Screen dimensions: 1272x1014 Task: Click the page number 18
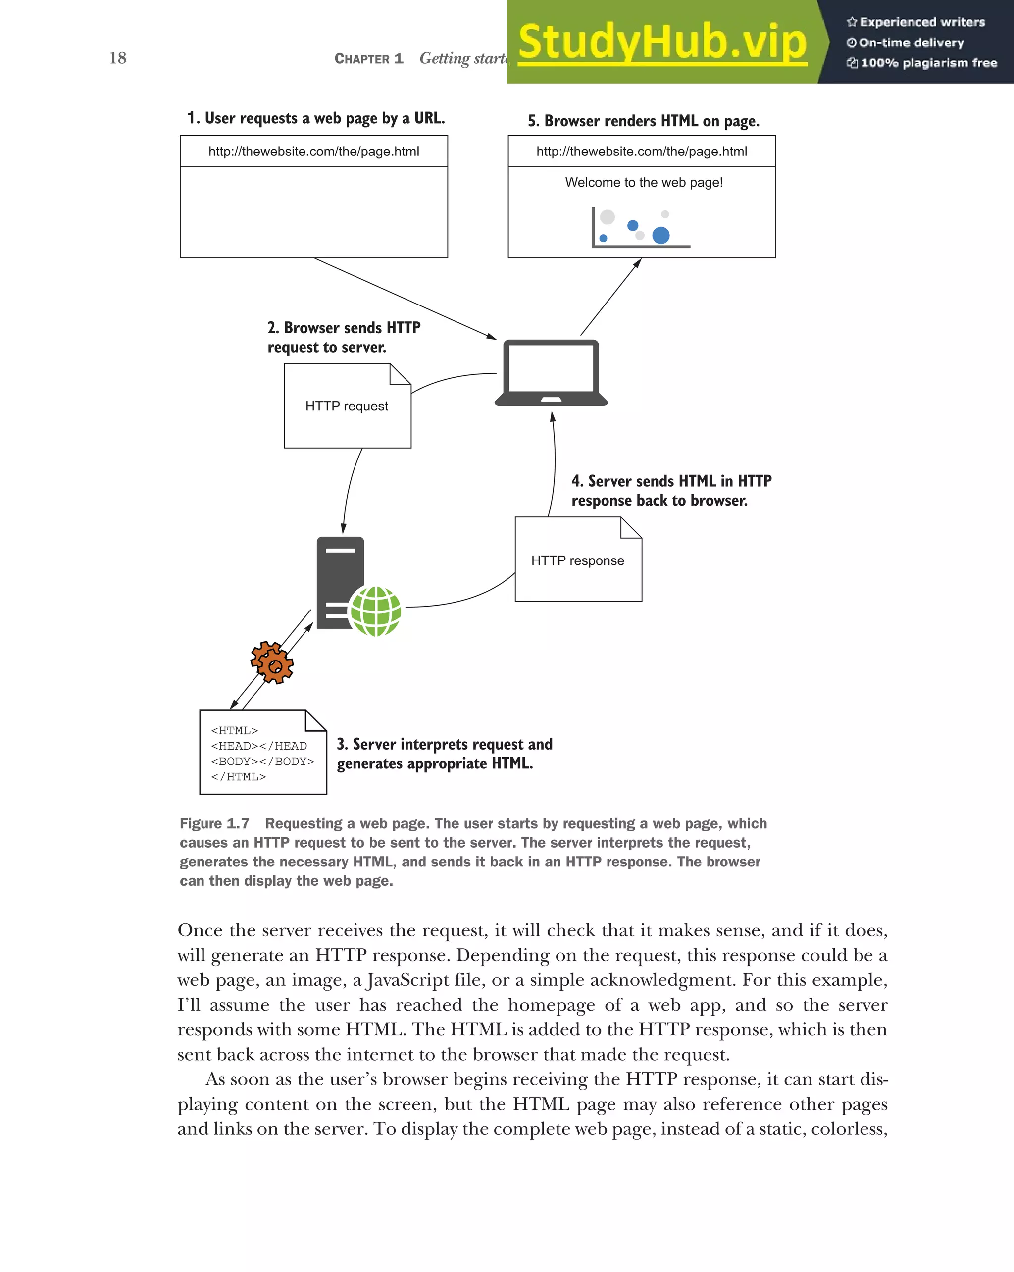117,58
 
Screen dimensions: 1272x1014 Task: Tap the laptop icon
551,372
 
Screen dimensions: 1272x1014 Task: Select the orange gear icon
272,662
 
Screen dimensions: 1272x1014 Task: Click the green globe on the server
376,611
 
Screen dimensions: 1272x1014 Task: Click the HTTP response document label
577,560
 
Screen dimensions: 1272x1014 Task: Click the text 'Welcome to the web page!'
644,182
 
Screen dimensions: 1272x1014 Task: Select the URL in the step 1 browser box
313,152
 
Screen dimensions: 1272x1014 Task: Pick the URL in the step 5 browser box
641,152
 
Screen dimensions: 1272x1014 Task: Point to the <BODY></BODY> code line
262,761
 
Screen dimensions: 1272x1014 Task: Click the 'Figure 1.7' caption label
214,823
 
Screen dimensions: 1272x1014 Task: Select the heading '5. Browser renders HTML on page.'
643,121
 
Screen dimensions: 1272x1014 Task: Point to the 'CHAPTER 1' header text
369,58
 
